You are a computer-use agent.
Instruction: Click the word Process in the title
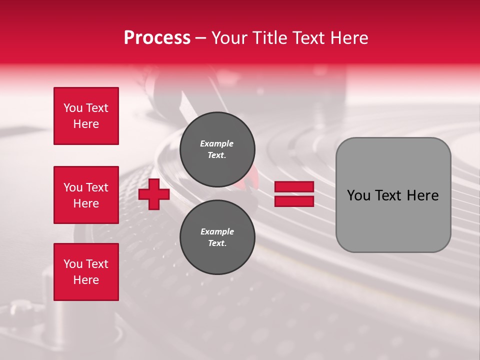pos(157,38)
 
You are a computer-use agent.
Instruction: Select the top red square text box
pos(86,116)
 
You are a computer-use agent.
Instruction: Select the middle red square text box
pos(86,195)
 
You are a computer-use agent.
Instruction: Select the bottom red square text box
pos(86,272)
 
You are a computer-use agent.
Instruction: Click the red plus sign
pos(153,194)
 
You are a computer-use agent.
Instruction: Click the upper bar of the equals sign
pos(294,186)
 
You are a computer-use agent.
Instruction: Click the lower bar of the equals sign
pos(294,201)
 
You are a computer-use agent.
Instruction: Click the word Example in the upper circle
pos(216,143)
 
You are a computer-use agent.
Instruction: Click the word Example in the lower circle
pos(217,231)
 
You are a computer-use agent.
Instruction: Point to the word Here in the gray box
pos(422,195)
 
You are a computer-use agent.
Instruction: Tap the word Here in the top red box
pos(86,124)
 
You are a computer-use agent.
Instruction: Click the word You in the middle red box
pos(72,187)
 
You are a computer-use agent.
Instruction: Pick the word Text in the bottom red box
pos(97,264)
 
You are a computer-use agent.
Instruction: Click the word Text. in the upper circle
pos(217,155)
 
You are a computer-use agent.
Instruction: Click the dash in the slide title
pos(200,38)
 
